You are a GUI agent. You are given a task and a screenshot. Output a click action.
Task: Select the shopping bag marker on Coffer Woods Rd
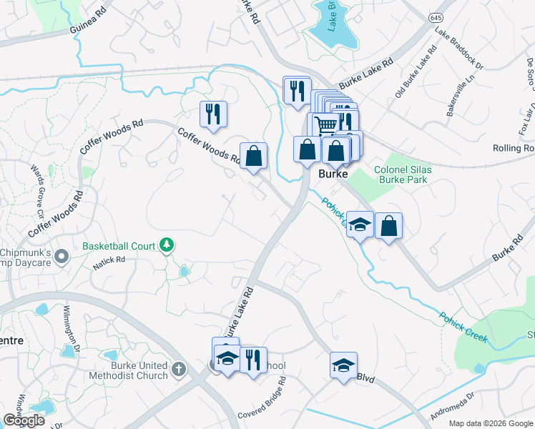tap(253, 156)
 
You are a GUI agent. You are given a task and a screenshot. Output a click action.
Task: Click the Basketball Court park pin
tap(167, 246)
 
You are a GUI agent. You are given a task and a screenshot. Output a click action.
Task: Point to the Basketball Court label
tap(119, 246)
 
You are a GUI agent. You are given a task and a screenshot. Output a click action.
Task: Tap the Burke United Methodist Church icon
tap(178, 370)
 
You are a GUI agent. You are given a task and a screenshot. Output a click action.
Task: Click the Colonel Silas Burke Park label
tap(401, 175)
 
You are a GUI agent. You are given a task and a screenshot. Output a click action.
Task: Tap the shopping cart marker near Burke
tap(325, 125)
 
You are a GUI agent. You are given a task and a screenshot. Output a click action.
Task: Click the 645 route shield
tap(436, 16)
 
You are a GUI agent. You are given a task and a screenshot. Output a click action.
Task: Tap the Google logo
tap(24, 420)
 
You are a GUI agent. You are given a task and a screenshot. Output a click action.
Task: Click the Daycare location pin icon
tap(62, 255)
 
